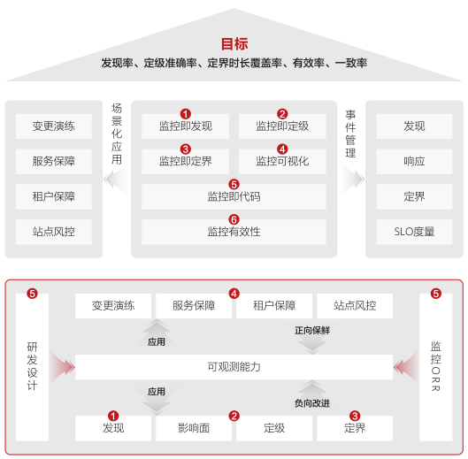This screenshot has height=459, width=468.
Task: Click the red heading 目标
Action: (234, 44)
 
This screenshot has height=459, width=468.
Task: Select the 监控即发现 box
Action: (186, 126)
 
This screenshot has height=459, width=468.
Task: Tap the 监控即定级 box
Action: (282, 126)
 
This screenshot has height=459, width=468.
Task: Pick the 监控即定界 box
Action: (186, 162)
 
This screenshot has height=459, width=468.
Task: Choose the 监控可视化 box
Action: (282, 162)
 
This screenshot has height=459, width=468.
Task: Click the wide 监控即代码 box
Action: (234, 196)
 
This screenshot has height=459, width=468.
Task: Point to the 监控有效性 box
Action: (234, 232)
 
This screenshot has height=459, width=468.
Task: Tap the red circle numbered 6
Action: (234, 219)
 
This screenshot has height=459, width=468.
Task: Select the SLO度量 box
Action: (414, 232)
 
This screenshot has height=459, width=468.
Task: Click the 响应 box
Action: (414, 162)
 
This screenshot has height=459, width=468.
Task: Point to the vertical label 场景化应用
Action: (117, 134)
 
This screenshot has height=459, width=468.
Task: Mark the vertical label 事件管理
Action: (350, 134)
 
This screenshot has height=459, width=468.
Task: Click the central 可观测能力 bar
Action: (234, 367)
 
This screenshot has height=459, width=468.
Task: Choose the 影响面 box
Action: (194, 428)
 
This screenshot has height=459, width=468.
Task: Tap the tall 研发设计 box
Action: (32, 367)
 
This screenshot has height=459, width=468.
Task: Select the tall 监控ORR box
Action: (436, 367)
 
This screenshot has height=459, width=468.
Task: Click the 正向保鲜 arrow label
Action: (312, 331)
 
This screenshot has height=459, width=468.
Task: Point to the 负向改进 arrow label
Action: (312, 403)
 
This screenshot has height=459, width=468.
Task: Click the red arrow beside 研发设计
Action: (62, 367)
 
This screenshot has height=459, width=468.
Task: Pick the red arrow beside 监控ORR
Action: (406, 367)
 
